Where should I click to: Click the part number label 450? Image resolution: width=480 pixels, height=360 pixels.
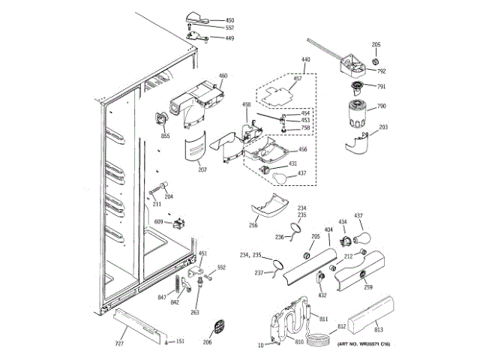[x=230, y=20]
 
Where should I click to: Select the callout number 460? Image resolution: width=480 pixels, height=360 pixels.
[x=223, y=76]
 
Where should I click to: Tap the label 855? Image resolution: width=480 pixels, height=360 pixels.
[x=165, y=136]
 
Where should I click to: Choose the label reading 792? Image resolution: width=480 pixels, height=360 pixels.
[x=381, y=71]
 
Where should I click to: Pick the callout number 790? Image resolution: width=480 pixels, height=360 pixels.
[x=381, y=106]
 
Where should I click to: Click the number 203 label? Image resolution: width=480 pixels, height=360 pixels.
[x=383, y=127]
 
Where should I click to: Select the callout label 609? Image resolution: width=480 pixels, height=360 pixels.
[x=159, y=221]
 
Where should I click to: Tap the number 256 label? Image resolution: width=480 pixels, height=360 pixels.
[x=253, y=224]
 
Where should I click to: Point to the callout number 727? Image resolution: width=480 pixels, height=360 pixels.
[x=118, y=343]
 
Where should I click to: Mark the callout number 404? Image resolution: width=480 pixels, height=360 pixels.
[x=328, y=229]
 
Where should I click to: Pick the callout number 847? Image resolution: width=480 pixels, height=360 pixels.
[x=162, y=298]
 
